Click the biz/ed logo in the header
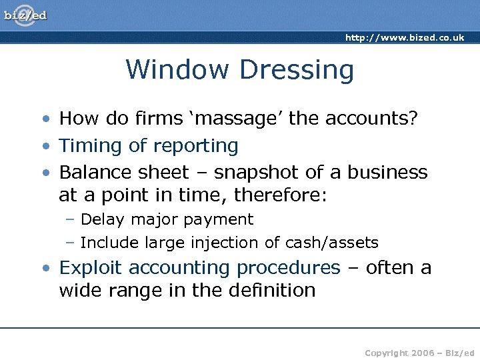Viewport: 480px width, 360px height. point(25,15)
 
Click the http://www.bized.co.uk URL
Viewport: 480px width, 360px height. point(405,38)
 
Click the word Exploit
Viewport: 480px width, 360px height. point(91,268)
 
